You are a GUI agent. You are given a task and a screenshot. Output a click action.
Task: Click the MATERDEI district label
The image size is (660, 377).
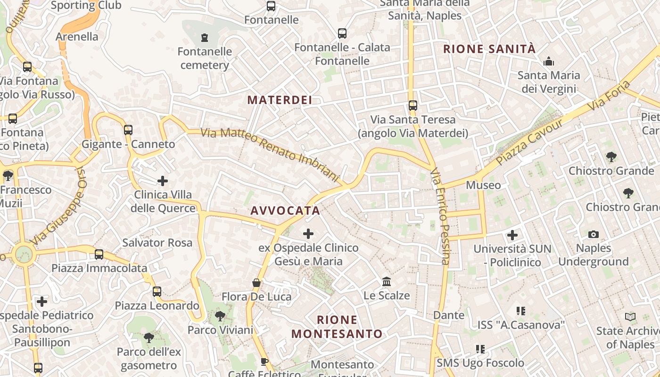tap(280, 100)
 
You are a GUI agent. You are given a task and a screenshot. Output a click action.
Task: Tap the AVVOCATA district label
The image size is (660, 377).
tap(285, 211)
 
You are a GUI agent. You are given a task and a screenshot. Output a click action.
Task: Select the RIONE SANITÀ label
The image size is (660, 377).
tap(489, 49)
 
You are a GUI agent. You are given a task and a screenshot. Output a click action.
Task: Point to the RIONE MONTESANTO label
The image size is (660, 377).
tap(337, 327)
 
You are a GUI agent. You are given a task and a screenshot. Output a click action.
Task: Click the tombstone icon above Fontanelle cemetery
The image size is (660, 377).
tap(204, 37)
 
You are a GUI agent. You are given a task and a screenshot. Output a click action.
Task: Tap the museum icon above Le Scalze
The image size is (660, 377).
tap(387, 281)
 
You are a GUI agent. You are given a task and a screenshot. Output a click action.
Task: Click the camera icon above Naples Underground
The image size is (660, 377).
tap(593, 234)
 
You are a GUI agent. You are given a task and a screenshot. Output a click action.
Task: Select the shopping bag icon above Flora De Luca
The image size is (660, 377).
tap(256, 283)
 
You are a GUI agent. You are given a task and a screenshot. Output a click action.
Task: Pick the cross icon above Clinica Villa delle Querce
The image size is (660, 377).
tap(163, 180)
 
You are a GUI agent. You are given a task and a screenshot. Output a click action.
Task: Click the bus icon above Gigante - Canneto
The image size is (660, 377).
tap(128, 130)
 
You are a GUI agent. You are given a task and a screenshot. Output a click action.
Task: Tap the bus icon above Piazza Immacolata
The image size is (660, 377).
tap(99, 254)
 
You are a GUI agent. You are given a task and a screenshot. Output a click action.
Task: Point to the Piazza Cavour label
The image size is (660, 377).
tap(529, 142)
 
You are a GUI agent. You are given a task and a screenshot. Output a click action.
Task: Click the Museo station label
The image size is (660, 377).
tap(483, 185)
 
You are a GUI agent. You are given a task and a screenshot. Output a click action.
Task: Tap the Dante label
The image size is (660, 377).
tap(448, 315)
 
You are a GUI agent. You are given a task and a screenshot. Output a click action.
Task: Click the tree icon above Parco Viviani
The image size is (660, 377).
tap(220, 316)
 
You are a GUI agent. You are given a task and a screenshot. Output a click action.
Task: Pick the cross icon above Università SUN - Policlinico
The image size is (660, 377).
tap(512, 235)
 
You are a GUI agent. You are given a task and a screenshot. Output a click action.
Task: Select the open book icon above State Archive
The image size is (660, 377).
tap(630, 317)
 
